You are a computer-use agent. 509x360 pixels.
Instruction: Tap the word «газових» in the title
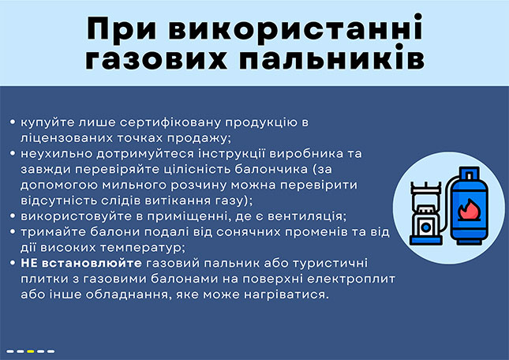(156, 59)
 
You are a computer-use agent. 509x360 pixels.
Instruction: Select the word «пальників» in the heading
(332, 59)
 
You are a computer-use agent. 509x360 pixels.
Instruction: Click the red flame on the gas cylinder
(469, 210)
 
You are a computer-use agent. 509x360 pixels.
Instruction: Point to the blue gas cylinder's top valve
(469, 174)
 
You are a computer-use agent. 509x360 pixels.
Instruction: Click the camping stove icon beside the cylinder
(426, 213)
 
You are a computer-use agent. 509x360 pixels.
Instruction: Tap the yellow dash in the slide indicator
(31, 351)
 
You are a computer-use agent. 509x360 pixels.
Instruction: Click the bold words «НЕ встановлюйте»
(81, 263)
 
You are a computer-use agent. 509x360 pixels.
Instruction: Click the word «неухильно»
(56, 153)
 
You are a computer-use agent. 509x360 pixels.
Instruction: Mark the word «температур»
(143, 248)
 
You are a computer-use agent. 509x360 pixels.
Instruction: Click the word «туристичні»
(330, 263)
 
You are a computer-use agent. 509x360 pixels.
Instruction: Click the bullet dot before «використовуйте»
(13, 216)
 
